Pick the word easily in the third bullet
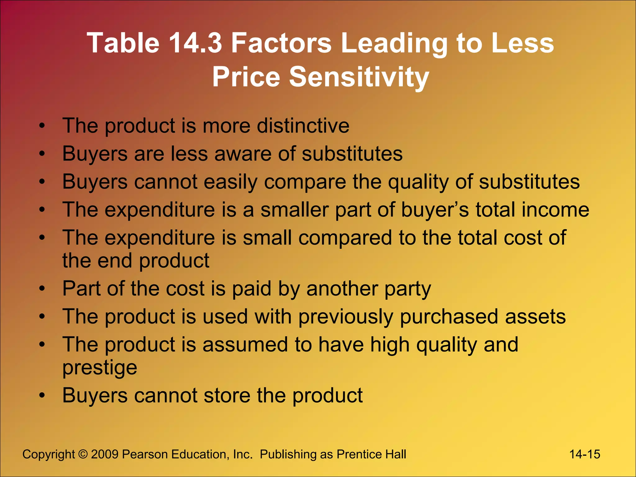230,182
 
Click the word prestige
100,368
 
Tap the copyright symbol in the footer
83,454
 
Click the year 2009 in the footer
105,454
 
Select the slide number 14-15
584,454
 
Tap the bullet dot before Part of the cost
42,289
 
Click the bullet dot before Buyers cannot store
42,396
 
